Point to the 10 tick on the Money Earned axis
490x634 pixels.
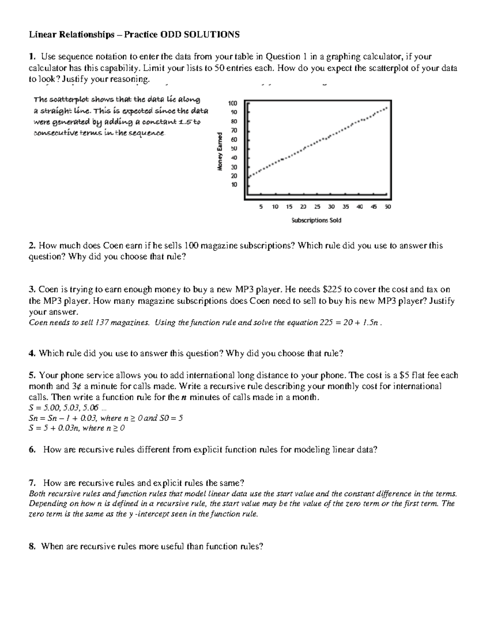(x=234, y=185)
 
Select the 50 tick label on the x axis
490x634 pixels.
(x=388, y=207)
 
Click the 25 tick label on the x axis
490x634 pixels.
(x=317, y=207)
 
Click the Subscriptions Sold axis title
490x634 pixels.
(x=316, y=220)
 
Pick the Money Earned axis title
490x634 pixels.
(x=220, y=151)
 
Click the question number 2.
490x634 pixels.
(x=31, y=246)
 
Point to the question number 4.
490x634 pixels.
(x=31, y=354)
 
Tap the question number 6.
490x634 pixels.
(x=31, y=450)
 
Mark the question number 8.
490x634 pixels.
(x=31, y=546)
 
